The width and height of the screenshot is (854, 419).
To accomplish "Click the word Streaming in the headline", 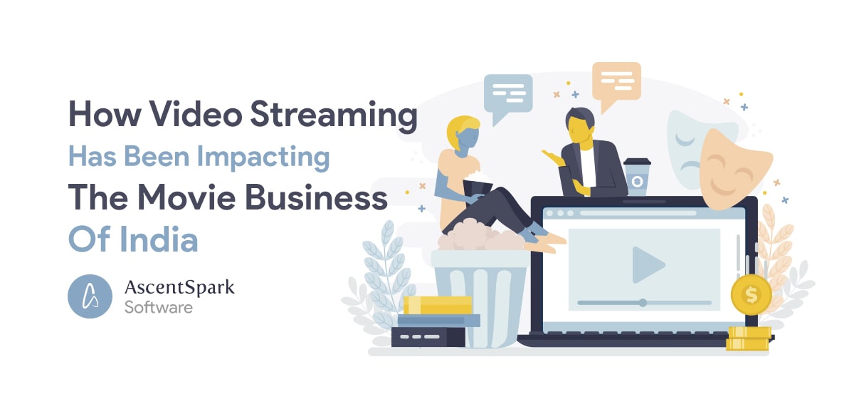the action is tap(334, 115).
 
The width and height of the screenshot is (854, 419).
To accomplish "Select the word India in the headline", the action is tap(159, 239).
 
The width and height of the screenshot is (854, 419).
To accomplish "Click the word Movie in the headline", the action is tap(186, 197).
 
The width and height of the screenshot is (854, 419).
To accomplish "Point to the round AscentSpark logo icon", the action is tap(90, 296).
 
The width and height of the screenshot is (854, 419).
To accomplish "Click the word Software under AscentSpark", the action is tap(159, 308).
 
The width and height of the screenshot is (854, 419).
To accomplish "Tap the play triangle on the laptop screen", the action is tap(648, 265).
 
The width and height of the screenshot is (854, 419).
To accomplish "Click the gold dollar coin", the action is tap(751, 294).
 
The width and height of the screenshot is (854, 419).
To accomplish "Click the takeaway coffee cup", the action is tap(637, 177).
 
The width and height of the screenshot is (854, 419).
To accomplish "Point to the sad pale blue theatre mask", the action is tap(686, 149).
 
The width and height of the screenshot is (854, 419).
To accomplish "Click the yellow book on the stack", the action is tap(438, 305).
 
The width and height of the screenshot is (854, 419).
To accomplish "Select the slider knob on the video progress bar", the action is tap(643, 303).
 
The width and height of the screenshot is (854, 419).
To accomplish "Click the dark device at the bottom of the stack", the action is tap(428, 337).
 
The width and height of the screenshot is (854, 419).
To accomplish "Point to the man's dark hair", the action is tap(580, 117).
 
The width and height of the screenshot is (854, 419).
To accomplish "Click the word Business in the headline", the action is tap(316, 197).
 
